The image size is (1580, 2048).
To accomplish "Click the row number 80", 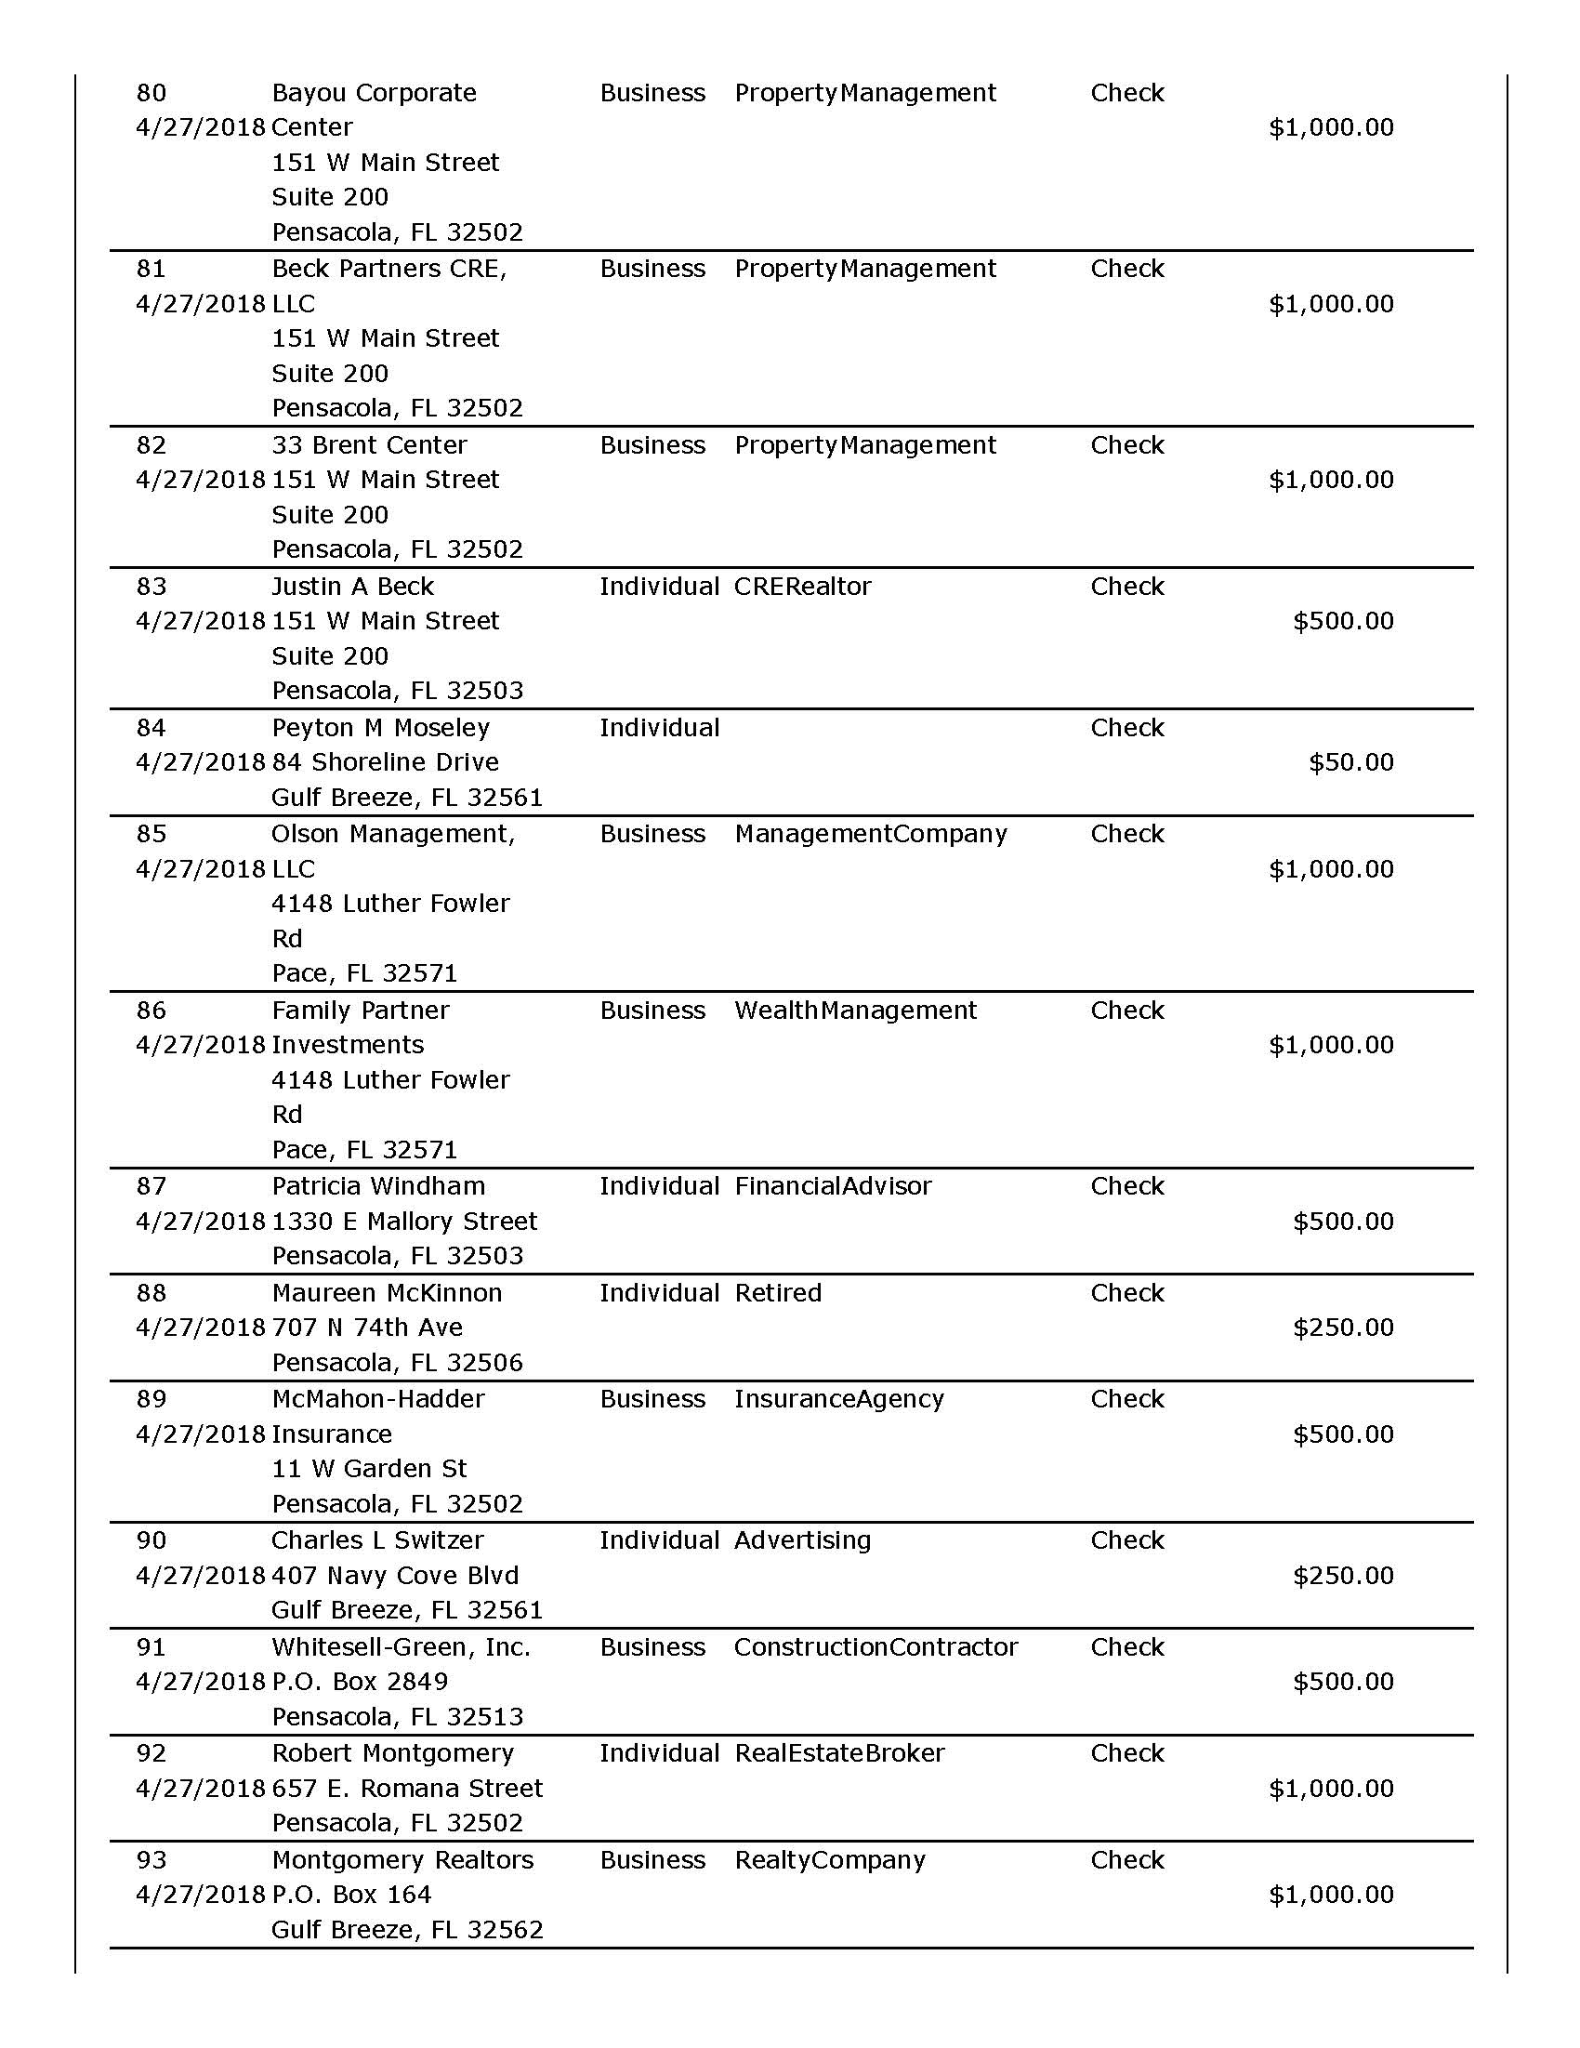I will coord(151,93).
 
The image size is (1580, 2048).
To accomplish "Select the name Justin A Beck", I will coord(352,586).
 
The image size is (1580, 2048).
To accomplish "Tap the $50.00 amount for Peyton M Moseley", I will coord(1350,761).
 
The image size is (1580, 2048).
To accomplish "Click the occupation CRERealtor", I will coord(803,586).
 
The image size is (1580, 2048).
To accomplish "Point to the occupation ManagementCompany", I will coord(870,834).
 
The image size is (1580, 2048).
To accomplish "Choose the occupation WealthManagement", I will coord(855,1010).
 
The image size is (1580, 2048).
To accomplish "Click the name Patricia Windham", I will coord(378,1186).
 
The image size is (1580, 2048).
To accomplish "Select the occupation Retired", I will coord(777,1292).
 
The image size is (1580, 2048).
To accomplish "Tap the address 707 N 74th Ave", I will coord(366,1327).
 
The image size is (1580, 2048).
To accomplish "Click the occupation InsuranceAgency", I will coord(838,1398).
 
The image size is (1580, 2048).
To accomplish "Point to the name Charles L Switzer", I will coord(377,1539).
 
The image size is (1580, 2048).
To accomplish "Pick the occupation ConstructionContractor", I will coord(875,1646).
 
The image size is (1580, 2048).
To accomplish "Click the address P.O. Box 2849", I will coord(359,1682).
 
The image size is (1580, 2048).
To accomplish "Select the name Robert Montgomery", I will coord(392,1752).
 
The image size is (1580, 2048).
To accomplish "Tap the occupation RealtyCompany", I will coord(829,1859).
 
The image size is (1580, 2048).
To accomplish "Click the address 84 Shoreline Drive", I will coord(385,761).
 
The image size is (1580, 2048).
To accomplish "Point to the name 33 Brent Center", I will coord(368,444).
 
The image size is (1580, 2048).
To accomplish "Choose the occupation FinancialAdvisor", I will coord(833,1186).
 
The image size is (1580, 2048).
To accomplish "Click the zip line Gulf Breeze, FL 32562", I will coord(407,1929).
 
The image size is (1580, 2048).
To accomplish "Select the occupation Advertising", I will coord(802,1539).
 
